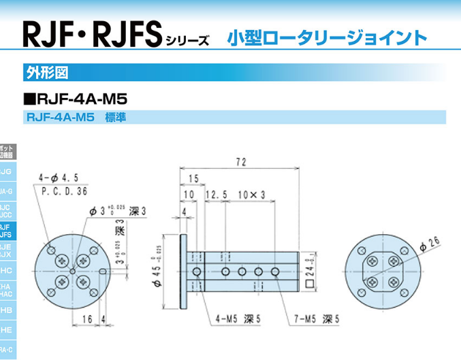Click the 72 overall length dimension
point(240,163)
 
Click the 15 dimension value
point(195,178)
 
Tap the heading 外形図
point(44,71)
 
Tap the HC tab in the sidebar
point(5,270)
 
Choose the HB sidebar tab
point(5,310)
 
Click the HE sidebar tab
point(5,330)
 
